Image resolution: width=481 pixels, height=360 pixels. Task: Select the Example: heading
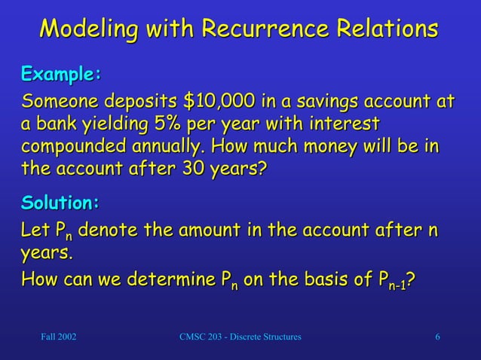click(61, 75)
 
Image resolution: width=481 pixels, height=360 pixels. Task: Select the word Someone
click(58, 102)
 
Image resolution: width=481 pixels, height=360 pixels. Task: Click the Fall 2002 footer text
click(58, 336)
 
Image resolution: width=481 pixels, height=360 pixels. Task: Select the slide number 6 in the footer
click(437, 336)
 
